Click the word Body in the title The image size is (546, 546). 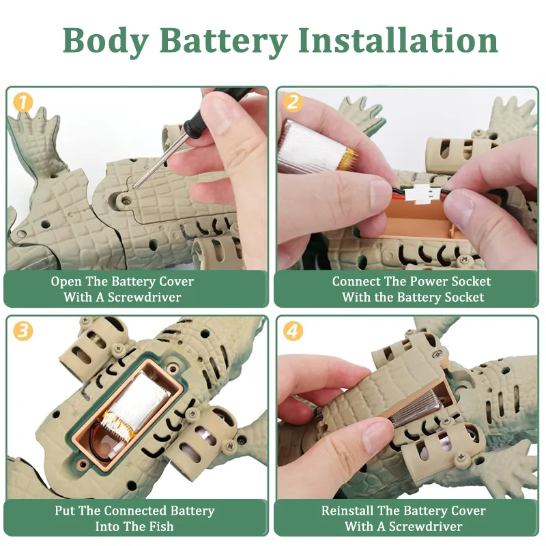106,42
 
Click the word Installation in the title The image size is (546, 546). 398,40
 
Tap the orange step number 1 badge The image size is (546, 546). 23,102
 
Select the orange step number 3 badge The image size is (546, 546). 23,331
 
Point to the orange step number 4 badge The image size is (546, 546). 293,331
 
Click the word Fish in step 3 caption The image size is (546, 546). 159,526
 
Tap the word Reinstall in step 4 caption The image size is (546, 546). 347,511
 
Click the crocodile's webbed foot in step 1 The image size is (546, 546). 35,139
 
